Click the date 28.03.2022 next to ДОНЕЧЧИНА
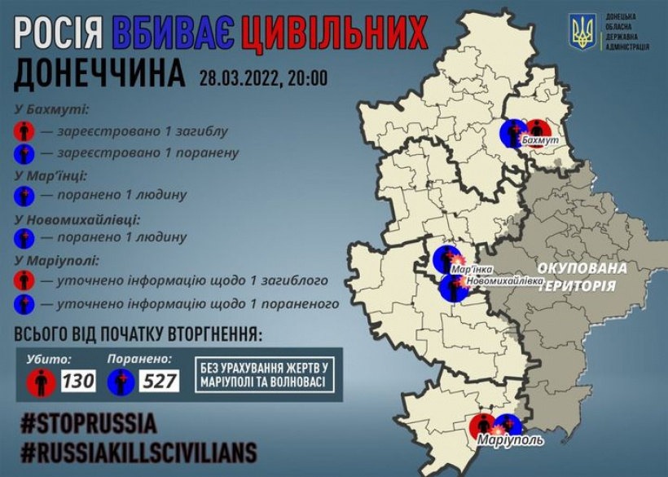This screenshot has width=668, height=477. click(240, 78)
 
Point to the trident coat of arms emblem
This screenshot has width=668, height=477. click(582, 32)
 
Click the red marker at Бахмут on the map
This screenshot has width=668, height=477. click(538, 130)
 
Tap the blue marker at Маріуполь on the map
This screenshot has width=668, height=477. click(509, 425)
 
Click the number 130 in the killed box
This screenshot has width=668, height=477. click(77, 381)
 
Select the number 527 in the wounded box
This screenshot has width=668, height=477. click(159, 381)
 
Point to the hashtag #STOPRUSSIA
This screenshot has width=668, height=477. click(88, 425)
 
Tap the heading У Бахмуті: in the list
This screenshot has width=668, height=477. click(51, 109)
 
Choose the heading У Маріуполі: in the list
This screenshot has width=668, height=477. click(56, 260)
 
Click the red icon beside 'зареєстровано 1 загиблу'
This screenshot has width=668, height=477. click(24, 130)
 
